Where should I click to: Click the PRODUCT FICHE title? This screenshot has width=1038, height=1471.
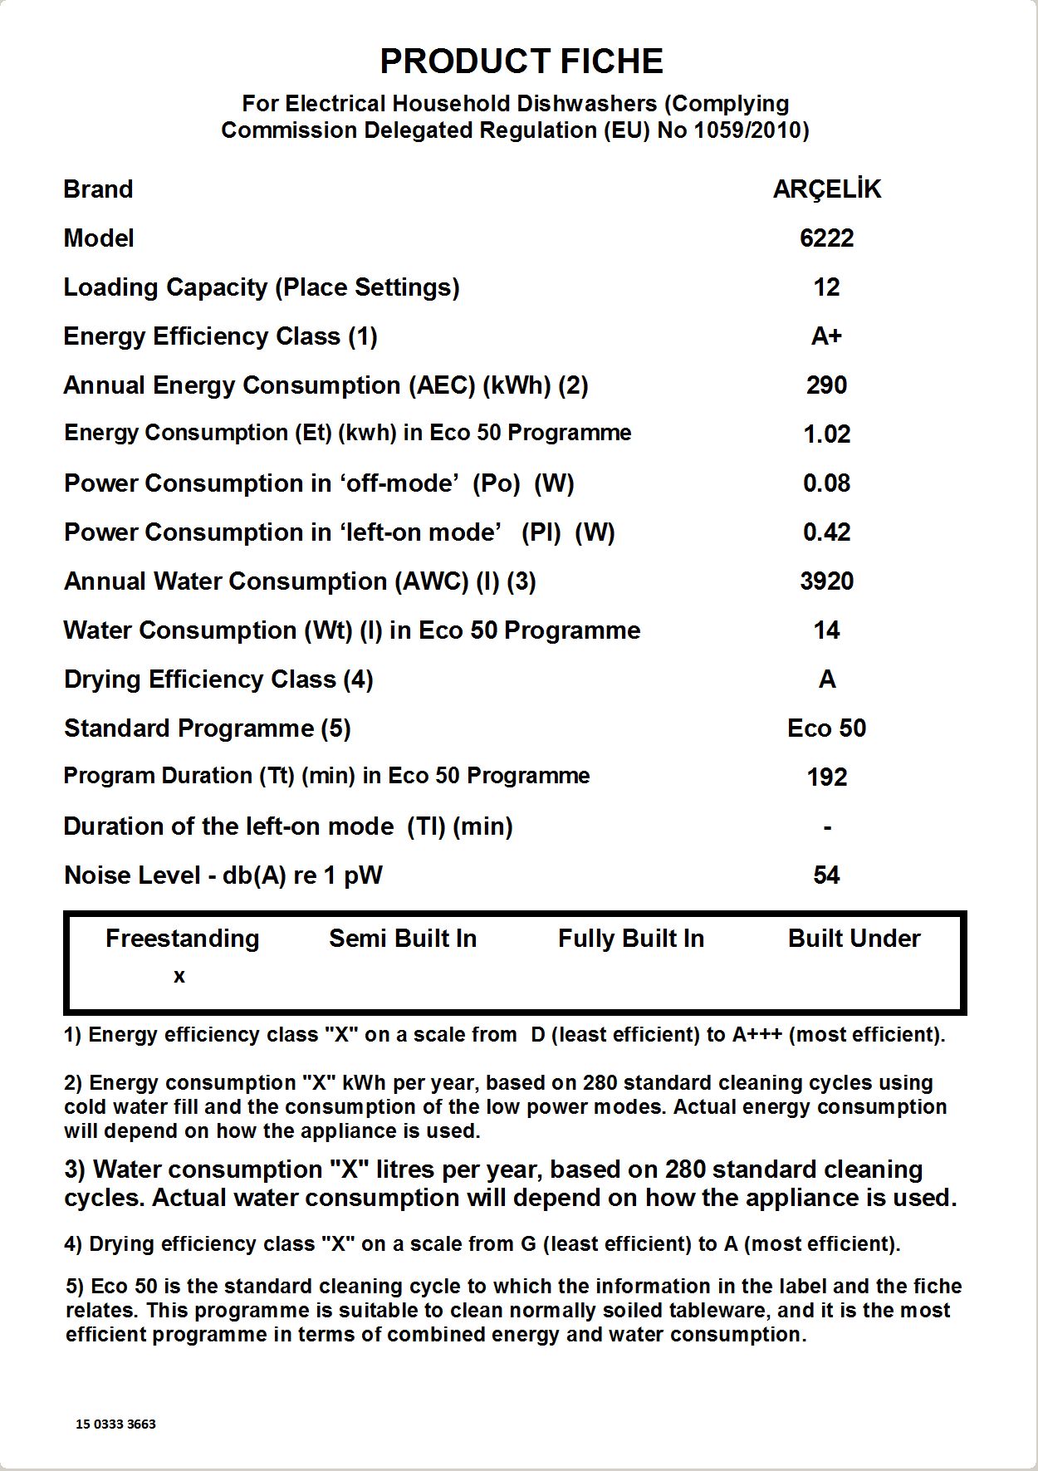521,61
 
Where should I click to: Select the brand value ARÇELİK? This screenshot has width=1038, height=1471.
826,189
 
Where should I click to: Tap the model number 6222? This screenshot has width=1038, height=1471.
826,238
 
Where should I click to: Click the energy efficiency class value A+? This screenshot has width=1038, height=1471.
826,336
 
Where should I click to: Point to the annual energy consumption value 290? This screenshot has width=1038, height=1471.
826,385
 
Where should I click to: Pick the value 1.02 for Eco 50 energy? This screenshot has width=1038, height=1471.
826,434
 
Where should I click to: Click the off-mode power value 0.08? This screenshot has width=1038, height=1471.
826,483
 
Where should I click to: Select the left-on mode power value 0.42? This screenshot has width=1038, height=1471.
826,532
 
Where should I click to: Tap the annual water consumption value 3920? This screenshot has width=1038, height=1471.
826,581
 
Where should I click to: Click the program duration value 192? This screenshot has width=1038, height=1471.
826,777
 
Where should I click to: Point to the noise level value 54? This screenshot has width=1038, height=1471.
826,875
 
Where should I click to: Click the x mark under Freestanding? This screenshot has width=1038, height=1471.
179,977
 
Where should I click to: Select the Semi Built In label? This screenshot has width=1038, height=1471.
403,939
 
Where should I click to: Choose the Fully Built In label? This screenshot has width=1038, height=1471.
631,939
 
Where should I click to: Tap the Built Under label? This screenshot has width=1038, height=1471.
854,939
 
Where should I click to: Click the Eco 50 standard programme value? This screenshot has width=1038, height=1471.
826,728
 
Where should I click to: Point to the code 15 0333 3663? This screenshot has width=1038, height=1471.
115,1424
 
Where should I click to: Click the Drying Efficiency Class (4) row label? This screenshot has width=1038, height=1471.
218,679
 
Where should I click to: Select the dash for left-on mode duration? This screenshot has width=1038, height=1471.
827,827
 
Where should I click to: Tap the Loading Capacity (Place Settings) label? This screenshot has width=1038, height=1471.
262,287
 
